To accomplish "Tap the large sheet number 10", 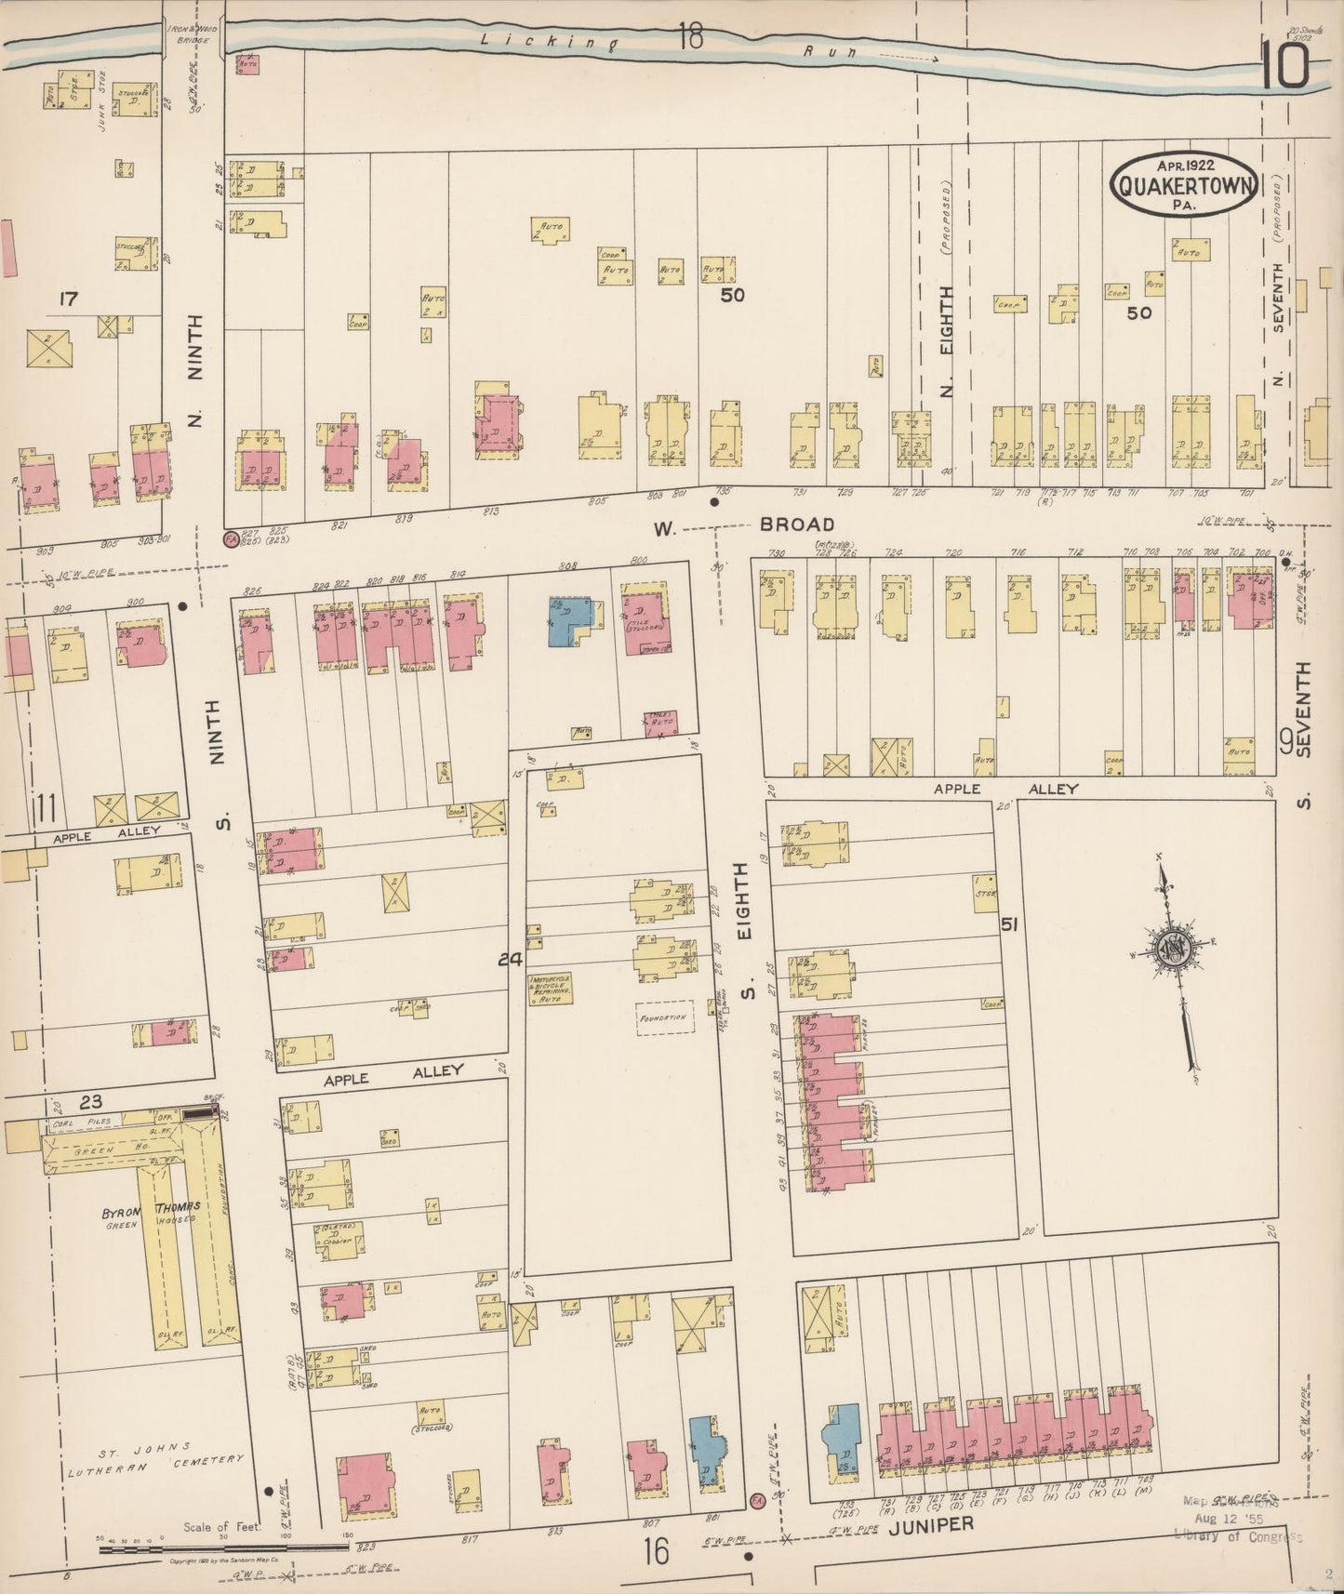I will coord(1288,67).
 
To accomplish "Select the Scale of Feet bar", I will coord(223,1547).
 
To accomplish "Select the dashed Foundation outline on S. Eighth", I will coord(665,1017).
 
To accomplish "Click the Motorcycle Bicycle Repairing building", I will coord(551,989).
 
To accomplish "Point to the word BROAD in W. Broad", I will coord(796,525).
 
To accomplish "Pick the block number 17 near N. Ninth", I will coord(67,299).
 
